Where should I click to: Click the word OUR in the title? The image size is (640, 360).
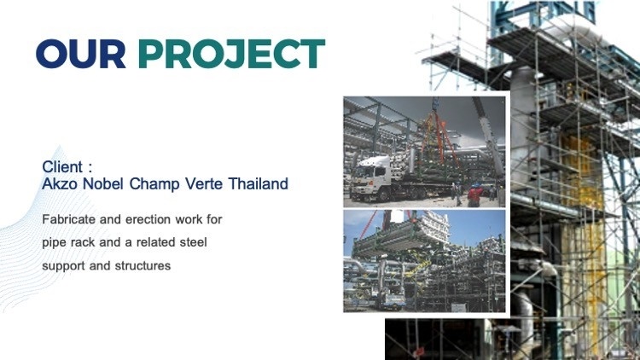tap(81, 54)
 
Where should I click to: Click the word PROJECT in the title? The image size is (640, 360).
tap(231, 54)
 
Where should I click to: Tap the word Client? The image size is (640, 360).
tap(62, 166)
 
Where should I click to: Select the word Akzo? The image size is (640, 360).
tap(60, 183)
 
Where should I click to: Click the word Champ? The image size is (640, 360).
tap(154, 184)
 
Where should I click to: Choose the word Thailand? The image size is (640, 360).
tap(258, 183)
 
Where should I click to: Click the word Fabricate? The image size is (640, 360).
tap(69, 219)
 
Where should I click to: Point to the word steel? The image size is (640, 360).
tap(194, 242)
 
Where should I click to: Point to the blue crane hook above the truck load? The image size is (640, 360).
tap(435, 104)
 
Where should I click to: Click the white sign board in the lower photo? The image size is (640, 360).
tap(459, 307)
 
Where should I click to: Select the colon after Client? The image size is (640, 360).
tap(90, 167)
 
